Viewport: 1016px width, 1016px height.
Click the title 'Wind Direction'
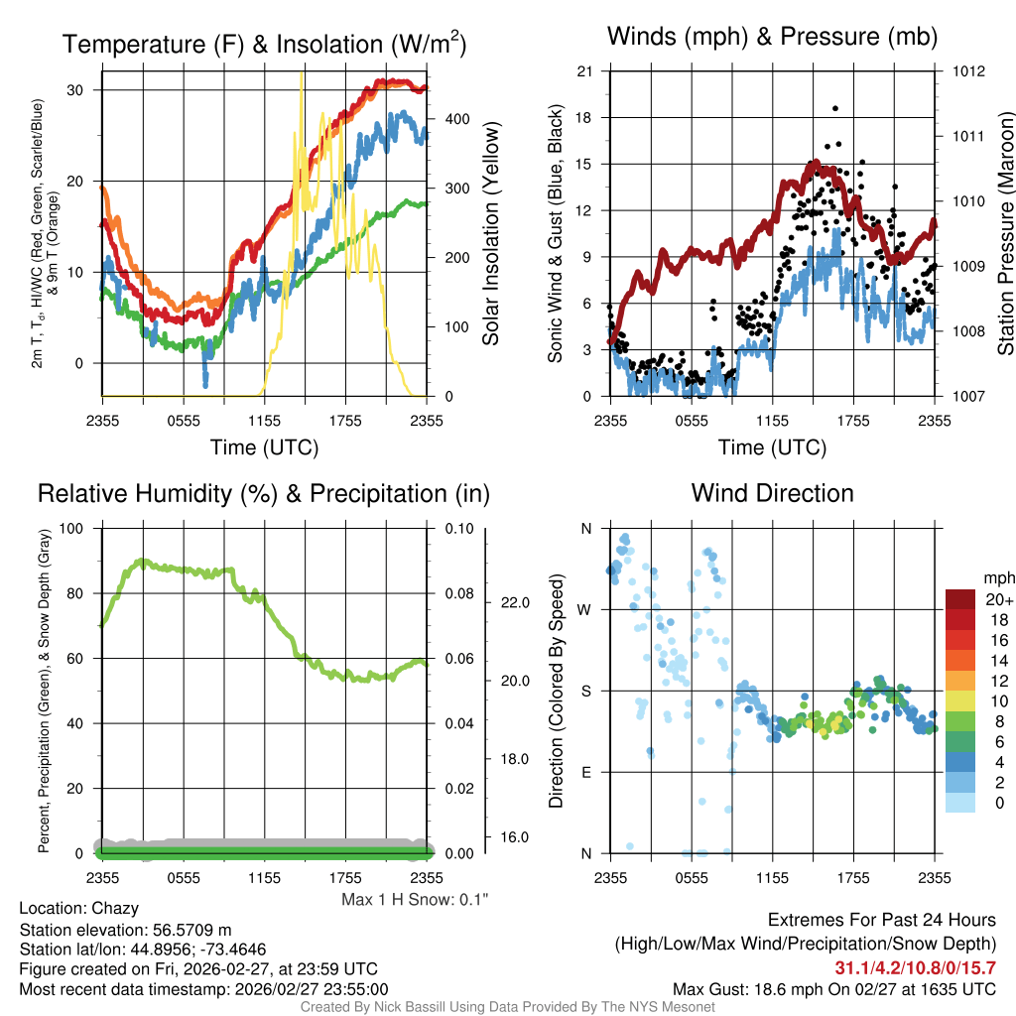[772, 493]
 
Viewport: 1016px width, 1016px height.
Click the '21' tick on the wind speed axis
[584, 71]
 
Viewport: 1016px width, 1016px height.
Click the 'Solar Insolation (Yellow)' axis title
[490, 234]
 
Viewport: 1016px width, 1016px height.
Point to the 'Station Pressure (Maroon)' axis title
[1005, 234]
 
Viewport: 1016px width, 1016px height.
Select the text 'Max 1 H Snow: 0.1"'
[415, 900]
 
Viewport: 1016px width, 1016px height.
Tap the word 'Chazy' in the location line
[115, 908]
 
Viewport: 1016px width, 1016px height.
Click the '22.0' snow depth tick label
[516, 602]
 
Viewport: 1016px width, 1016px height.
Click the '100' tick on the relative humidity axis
[74, 529]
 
